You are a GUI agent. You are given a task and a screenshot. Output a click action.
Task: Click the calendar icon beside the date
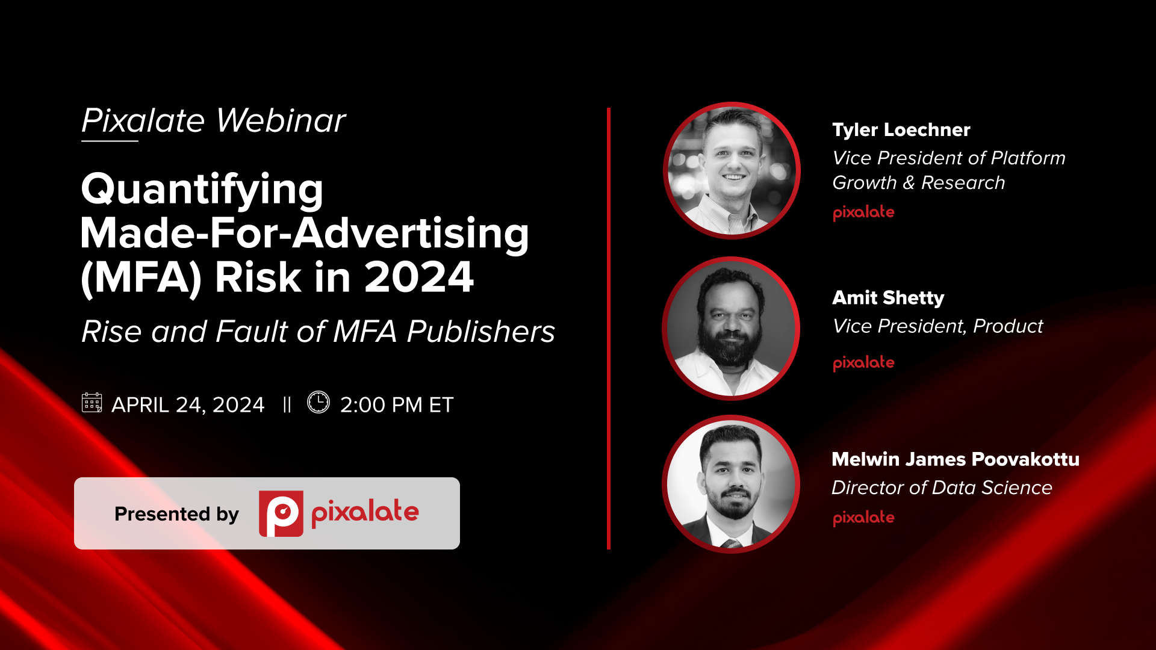coord(92,403)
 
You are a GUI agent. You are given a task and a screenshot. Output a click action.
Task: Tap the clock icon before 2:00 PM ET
coord(319,402)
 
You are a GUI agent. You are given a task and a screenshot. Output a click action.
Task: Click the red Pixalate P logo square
coord(281,513)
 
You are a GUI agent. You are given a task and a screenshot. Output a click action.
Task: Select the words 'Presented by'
coord(176,514)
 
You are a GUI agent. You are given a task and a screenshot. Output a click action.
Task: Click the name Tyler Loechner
coord(901,130)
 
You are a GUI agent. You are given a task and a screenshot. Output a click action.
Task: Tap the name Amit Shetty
coord(888,298)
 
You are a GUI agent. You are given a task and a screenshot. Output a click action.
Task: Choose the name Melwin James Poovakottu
coord(955,459)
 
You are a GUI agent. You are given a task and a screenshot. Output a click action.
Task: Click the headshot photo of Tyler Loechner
coord(732,170)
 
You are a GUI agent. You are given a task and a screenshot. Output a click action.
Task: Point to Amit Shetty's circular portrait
coord(731,329)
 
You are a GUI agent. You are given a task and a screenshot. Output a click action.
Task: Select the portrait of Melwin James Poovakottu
coord(731,484)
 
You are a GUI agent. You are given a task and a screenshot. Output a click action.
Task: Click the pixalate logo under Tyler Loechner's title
coord(863,212)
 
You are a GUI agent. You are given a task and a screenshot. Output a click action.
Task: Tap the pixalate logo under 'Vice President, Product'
coord(863,363)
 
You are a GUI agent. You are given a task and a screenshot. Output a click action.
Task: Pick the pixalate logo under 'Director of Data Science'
coord(863,518)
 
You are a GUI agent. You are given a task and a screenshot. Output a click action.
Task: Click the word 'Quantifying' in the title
coord(202,190)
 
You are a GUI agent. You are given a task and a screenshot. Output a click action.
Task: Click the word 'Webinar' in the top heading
coord(281,121)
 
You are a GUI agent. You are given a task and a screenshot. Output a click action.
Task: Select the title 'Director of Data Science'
coord(942,487)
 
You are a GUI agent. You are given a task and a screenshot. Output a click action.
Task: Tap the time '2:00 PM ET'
coord(396,405)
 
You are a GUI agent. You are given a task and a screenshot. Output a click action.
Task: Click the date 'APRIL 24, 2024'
coord(188,405)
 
